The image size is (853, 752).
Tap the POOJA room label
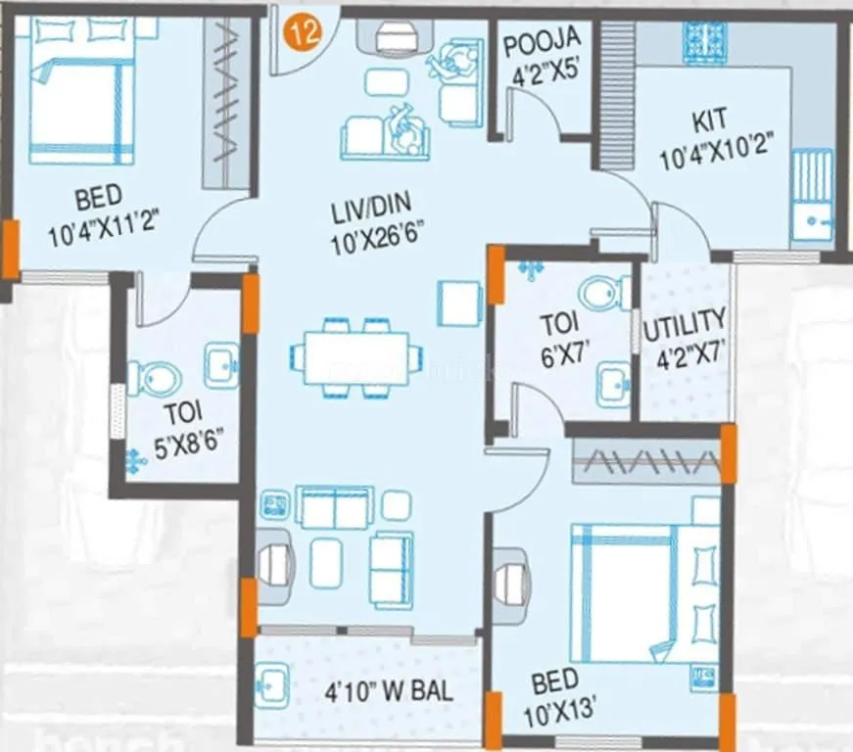click(542, 41)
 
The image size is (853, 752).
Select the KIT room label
click(709, 121)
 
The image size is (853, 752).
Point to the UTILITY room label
click(686, 321)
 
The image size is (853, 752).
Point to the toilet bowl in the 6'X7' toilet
click(604, 292)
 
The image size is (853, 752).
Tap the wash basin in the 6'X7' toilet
click(613, 381)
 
